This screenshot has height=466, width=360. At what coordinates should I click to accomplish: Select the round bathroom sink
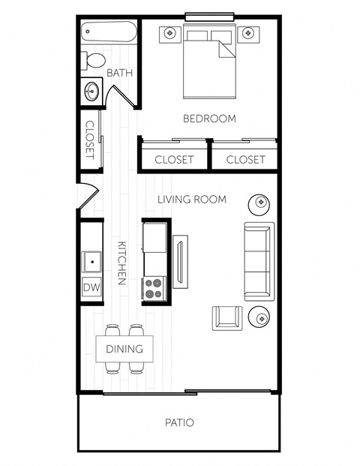tap(92, 92)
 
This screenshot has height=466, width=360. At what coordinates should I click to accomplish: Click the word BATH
tap(119, 74)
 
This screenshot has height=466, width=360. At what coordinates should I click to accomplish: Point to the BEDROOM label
tap(209, 119)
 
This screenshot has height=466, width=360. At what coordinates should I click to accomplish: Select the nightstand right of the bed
tap(248, 33)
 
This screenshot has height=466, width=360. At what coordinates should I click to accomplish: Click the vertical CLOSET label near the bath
tap(90, 140)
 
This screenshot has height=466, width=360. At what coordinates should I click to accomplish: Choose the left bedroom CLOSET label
tap(174, 159)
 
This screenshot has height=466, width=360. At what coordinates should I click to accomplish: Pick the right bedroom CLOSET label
tap(245, 159)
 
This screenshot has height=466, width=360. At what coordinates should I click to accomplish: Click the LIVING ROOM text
tap(192, 199)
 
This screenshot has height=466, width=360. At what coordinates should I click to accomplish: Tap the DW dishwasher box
tap(92, 287)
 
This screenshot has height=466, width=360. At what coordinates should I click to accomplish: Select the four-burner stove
tap(154, 287)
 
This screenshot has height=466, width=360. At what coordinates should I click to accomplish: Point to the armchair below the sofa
tap(227, 317)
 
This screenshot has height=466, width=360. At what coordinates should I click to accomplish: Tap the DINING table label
tap(124, 348)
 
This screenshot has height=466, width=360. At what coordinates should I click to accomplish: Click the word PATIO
tap(179, 422)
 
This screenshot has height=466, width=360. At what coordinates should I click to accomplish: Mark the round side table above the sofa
tap(259, 202)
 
